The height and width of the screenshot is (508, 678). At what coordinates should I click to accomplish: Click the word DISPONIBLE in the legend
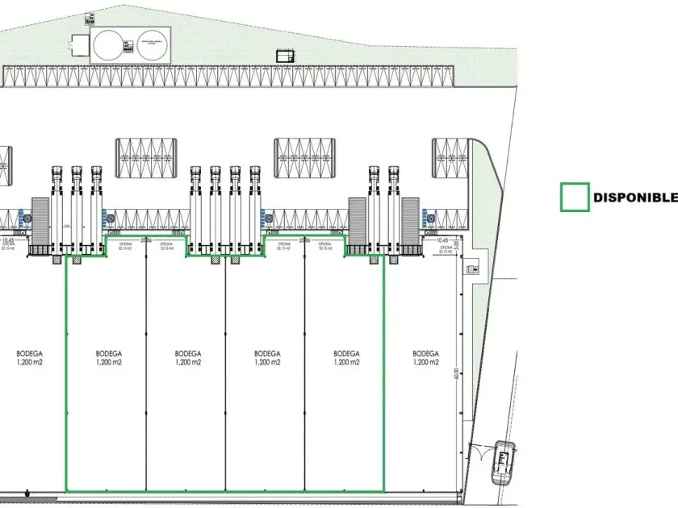coord(634,198)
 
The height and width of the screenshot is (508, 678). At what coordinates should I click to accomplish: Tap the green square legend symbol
coord(574,198)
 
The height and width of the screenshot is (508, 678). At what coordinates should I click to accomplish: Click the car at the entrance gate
coord(504,461)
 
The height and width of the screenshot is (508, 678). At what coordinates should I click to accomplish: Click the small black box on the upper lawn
coord(285,56)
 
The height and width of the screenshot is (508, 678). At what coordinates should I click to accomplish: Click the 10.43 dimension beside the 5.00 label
coord(441,239)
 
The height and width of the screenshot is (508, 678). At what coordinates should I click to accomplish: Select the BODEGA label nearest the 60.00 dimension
coord(425,353)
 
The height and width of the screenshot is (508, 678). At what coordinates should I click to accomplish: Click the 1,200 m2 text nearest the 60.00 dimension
coord(425,363)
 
